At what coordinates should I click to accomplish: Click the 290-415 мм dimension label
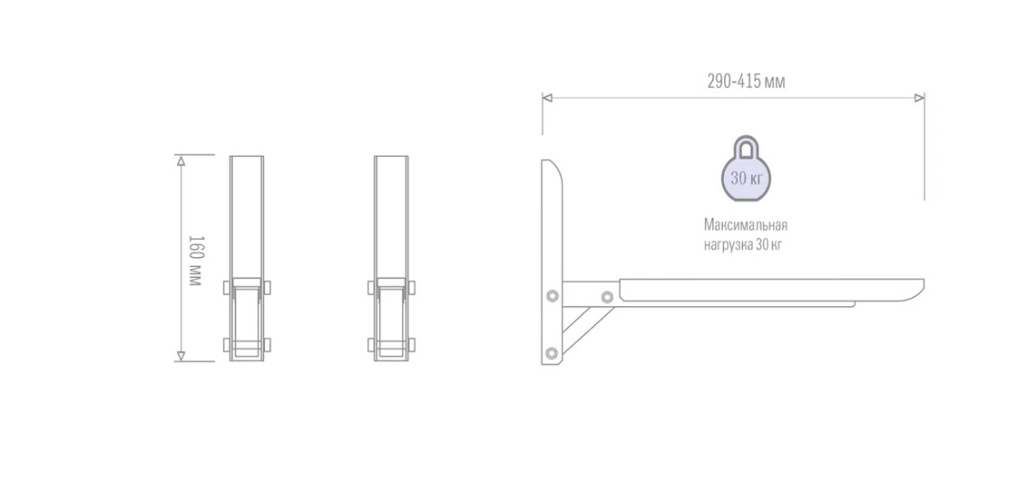point(745,81)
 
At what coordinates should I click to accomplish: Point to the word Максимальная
point(745,225)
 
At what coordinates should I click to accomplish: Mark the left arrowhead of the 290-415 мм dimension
point(548,98)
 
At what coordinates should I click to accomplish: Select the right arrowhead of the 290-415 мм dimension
point(919,98)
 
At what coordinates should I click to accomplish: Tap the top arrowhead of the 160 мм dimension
point(181,160)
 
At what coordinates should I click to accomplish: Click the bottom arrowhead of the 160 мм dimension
point(181,356)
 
